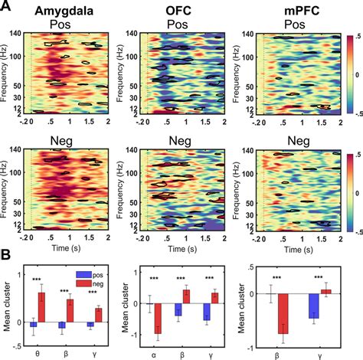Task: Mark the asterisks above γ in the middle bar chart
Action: click(210, 278)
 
